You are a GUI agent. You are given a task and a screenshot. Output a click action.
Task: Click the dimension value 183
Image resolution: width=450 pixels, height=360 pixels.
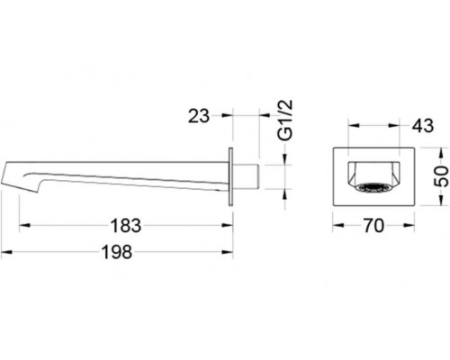126,226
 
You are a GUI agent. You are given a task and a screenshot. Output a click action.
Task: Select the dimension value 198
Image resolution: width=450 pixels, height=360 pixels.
117,252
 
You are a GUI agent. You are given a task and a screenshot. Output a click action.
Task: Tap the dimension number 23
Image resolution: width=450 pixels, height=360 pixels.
198,116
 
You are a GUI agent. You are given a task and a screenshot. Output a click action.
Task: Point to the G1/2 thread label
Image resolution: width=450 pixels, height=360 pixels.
285,121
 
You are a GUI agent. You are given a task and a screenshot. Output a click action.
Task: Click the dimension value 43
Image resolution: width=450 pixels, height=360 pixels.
423,125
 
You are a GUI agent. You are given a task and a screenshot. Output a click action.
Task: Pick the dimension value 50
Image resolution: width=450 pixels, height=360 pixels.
442,176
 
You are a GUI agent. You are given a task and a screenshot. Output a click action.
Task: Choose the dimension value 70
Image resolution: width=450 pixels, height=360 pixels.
373,226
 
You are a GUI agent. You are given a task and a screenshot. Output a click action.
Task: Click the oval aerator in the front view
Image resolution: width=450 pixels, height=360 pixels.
373,188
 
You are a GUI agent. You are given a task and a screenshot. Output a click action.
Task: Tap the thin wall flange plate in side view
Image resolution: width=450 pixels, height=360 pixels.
230,176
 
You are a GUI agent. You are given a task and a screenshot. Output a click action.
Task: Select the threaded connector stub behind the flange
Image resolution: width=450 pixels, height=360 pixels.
246,176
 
